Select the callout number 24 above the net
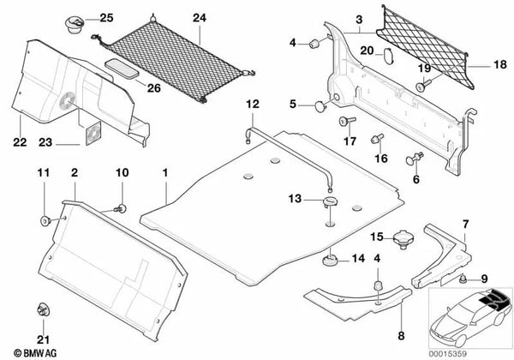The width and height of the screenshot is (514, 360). pyautogui.click(x=199, y=17)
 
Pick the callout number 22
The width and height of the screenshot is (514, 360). pyautogui.click(x=19, y=143)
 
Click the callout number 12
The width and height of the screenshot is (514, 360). pyautogui.click(x=252, y=105)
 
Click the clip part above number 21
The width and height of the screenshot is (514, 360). pyautogui.click(x=41, y=310)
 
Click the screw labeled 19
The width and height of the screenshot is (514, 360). pyautogui.click(x=422, y=85)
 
